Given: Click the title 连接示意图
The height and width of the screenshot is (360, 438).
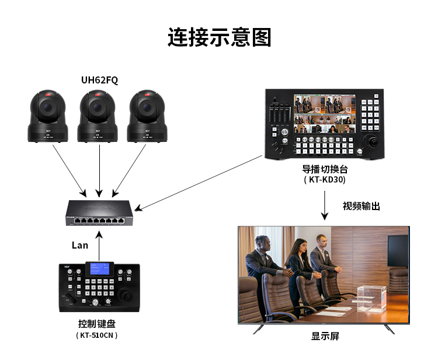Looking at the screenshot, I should pos(219,37).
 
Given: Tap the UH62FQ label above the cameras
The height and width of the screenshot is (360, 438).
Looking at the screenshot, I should pos(99,81).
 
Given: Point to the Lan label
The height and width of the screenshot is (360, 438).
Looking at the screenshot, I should pos(80,245).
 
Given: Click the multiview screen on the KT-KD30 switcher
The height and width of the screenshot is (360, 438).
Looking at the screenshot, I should pos(324,114).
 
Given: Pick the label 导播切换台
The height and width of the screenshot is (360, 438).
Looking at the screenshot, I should pos(324,169).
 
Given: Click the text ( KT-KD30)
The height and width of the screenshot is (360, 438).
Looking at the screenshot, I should pos(324,180).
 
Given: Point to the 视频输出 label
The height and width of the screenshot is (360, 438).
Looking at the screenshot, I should pos(361,206).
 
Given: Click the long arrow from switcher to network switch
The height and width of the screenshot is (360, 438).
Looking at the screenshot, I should pos(199,181).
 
